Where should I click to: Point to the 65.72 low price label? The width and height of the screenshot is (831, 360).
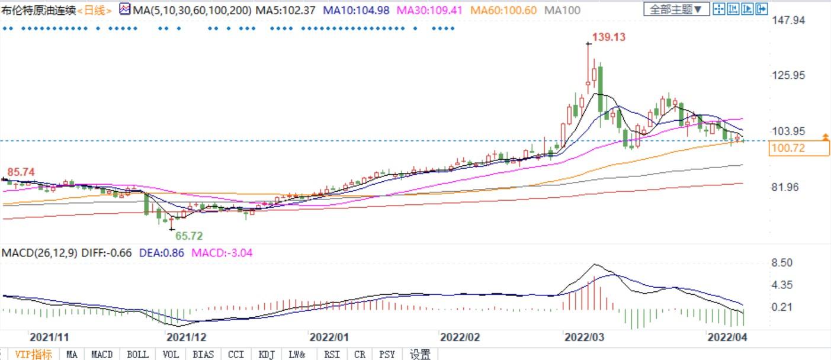click(188, 236)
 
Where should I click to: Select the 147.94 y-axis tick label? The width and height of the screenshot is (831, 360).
click(788, 20)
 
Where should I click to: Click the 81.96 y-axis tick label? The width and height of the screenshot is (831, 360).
click(785, 187)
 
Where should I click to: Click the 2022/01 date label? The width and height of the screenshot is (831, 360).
click(329, 337)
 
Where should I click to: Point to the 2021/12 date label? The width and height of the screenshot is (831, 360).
click(187, 337)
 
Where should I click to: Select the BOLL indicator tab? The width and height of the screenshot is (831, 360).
click(137, 355)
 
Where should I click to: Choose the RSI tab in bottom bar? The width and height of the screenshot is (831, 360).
click(331, 355)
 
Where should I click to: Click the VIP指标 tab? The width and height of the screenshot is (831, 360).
click(33, 355)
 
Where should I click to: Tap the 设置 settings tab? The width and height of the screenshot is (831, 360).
click(420, 355)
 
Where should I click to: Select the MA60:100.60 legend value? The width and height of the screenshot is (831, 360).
click(504, 10)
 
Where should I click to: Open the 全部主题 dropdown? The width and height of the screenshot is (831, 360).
click(676, 9)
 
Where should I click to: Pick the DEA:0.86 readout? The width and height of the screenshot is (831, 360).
click(162, 253)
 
